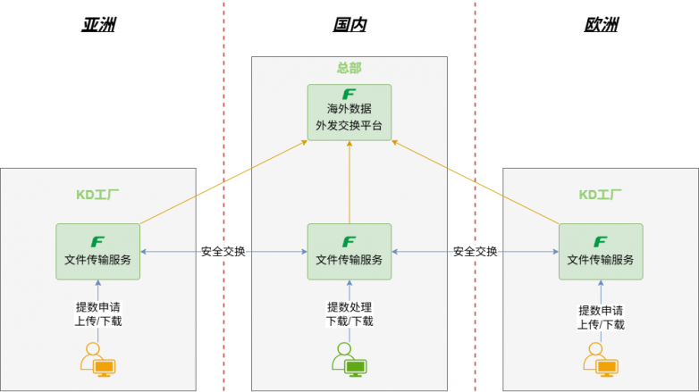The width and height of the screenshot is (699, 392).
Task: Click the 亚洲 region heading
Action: (x=98, y=25)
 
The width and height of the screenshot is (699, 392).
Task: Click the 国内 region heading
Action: (x=349, y=25)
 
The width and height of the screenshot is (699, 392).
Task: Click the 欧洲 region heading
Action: (x=601, y=25)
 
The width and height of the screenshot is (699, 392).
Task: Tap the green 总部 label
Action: (x=349, y=68)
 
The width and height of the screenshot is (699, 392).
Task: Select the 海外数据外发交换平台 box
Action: (x=349, y=112)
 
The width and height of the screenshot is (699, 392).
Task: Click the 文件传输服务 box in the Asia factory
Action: (x=98, y=251)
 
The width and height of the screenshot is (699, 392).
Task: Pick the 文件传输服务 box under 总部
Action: (x=349, y=251)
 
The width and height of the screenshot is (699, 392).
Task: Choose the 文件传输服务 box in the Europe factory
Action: (x=601, y=251)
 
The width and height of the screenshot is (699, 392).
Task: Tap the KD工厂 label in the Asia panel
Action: (x=98, y=193)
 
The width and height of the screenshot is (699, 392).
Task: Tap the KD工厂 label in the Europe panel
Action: (x=601, y=193)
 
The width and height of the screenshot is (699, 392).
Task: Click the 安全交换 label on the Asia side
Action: (x=223, y=252)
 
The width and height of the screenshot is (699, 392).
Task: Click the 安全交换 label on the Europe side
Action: (x=475, y=252)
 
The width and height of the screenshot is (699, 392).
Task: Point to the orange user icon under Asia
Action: (x=97, y=359)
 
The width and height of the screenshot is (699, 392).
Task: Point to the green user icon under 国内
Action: (x=349, y=358)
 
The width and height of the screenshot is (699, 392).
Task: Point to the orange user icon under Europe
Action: (x=601, y=359)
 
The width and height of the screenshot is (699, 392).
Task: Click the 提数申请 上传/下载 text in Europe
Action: (x=601, y=317)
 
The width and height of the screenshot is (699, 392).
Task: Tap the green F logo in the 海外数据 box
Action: (x=349, y=95)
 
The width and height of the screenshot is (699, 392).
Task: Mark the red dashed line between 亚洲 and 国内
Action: (x=223, y=134)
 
